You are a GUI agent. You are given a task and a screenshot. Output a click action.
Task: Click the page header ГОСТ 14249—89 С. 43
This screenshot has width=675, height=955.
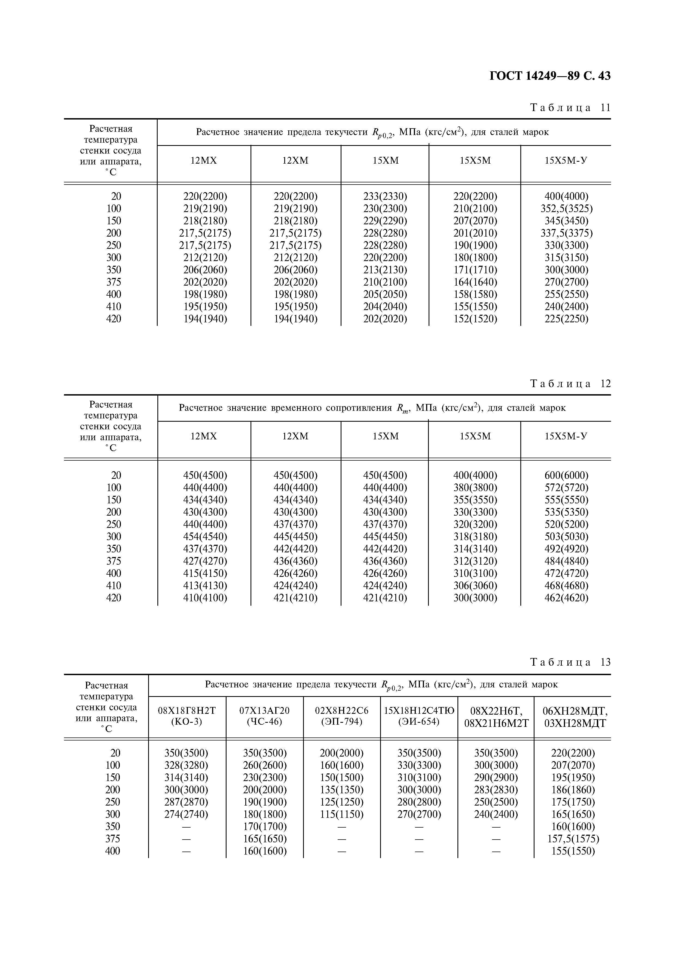(x=550, y=76)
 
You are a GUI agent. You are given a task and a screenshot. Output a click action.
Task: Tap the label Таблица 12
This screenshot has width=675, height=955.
(x=570, y=384)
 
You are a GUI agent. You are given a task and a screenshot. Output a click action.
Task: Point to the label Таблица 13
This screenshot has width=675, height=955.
(x=570, y=662)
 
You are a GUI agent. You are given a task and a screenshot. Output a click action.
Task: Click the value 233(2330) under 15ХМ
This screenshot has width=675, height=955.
(x=385, y=196)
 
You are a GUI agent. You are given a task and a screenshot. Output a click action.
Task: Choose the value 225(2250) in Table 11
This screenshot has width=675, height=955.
(x=566, y=319)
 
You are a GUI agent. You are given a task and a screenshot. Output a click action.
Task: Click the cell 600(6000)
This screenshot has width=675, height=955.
(x=566, y=475)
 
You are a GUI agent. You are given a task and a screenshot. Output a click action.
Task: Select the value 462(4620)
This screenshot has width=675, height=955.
(x=566, y=598)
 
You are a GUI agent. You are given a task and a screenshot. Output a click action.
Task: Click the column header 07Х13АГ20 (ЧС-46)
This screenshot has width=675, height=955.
(x=265, y=716)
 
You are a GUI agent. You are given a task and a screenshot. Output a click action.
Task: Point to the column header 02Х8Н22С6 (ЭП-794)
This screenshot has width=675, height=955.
(x=342, y=716)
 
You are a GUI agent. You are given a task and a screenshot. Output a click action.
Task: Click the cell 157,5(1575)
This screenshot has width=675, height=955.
(x=573, y=839)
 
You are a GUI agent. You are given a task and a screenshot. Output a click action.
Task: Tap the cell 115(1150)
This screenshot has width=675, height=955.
(x=342, y=815)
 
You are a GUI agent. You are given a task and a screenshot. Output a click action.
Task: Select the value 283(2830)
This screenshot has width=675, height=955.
(x=496, y=790)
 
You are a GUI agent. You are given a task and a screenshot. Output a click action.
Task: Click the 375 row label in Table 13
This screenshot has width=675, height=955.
(x=113, y=839)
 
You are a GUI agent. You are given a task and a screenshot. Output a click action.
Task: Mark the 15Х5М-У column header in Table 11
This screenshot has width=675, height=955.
(x=566, y=161)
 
